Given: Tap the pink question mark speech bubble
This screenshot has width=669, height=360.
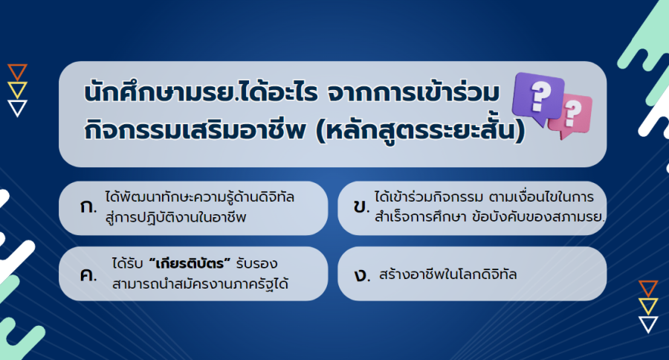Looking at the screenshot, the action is (x=572, y=115).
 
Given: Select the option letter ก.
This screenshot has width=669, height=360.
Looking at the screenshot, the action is (x=88, y=207).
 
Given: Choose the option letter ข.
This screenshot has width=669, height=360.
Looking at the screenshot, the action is (x=361, y=207).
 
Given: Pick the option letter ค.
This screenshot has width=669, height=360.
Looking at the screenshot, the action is (x=88, y=274).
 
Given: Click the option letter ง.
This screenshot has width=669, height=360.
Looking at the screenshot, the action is (x=362, y=274).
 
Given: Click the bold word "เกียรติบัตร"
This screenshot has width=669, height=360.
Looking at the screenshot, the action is (x=190, y=263).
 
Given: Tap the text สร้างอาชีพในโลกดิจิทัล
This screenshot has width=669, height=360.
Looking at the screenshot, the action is (x=447, y=274).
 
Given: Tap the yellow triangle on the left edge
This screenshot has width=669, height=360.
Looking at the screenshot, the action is (x=18, y=90).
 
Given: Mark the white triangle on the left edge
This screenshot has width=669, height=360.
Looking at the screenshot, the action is (x=18, y=108).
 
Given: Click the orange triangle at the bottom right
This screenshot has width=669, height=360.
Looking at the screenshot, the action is (x=648, y=289).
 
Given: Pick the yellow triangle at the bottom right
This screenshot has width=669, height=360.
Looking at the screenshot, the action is (x=648, y=306).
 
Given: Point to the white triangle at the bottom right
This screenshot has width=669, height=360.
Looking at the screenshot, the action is (x=648, y=324).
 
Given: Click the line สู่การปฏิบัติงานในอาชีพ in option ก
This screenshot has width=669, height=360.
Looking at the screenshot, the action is (x=175, y=217).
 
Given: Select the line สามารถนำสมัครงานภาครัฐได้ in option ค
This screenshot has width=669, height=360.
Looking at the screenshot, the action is (x=200, y=283).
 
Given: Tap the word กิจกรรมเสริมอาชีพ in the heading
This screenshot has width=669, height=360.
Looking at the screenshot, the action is (x=195, y=130).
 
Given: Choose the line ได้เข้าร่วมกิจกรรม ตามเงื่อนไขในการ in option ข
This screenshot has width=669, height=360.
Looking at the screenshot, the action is (x=484, y=197).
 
